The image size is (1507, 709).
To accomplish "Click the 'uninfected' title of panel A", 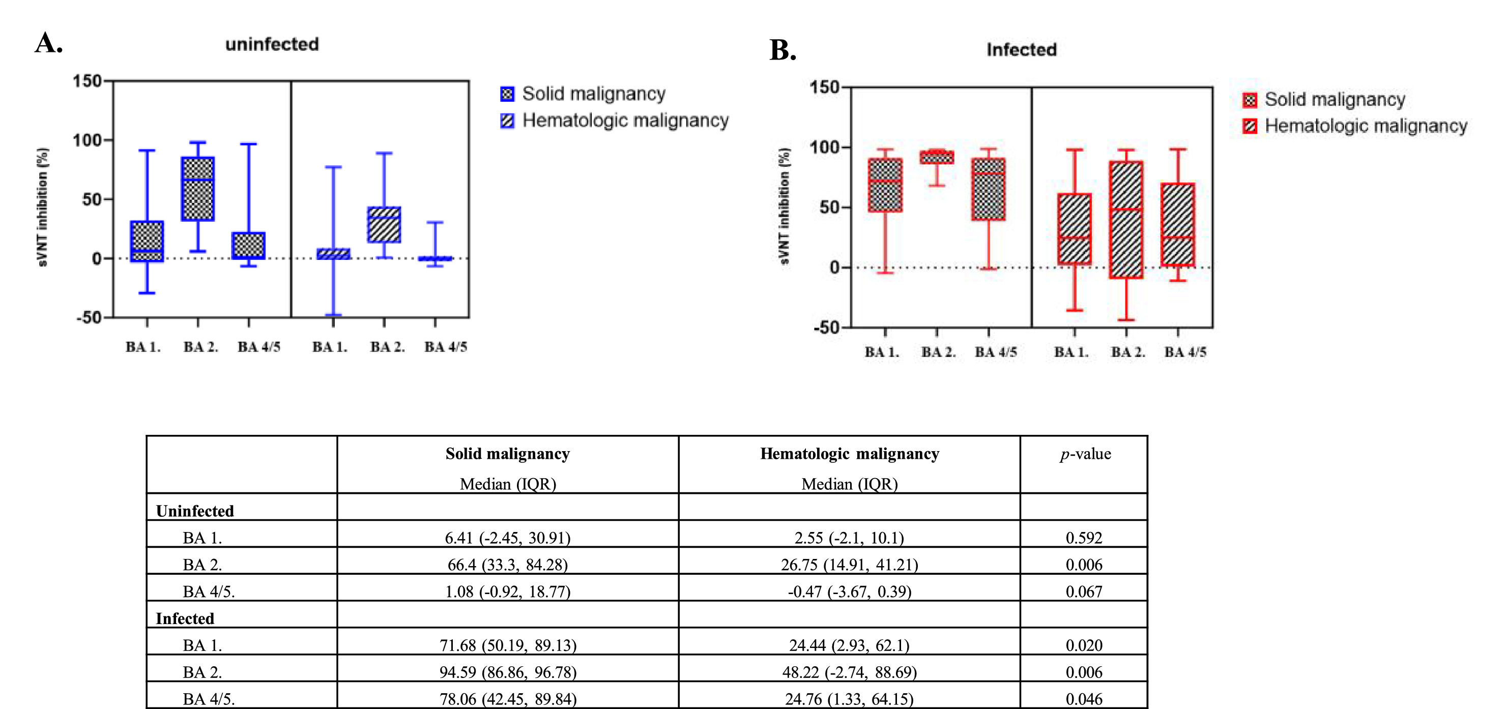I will pyautogui.click(x=272, y=44).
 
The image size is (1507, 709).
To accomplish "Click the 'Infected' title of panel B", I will pyautogui.click(x=1022, y=50).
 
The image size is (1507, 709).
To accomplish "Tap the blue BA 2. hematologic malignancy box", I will pyautogui.click(x=384, y=225).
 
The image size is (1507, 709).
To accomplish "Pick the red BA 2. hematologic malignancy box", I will pyautogui.click(x=1126, y=219).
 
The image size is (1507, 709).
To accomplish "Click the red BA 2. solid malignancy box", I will pyautogui.click(x=937, y=157).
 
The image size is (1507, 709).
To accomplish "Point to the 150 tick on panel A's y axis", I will pyautogui.click(x=87, y=81).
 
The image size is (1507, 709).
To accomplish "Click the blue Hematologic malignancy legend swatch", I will pyautogui.click(x=507, y=121).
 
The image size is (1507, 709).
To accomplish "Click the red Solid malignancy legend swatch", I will pyautogui.click(x=1250, y=100).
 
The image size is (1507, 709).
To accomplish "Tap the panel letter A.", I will pyautogui.click(x=48, y=43).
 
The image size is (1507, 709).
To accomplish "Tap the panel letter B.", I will pyautogui.click(x=782, y=50).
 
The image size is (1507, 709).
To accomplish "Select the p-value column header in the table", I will pyautogui.click(x=1085, y=454).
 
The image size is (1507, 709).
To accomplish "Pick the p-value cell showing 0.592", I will pyautogui.click(x=1084, y=538).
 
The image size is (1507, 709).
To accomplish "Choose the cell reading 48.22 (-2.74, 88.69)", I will pyautogui.click(x=849, y=672).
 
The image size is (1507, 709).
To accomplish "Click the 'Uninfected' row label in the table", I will pyautogui.click(x=195, y=511).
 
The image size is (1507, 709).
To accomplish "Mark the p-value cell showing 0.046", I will pyautogui.click(x=1084, y=699).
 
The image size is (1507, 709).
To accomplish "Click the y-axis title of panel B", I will pyautogui.click(x=785, y=206).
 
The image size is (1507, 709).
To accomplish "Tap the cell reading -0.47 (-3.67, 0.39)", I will pyautogui.click(x=849, y=592).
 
